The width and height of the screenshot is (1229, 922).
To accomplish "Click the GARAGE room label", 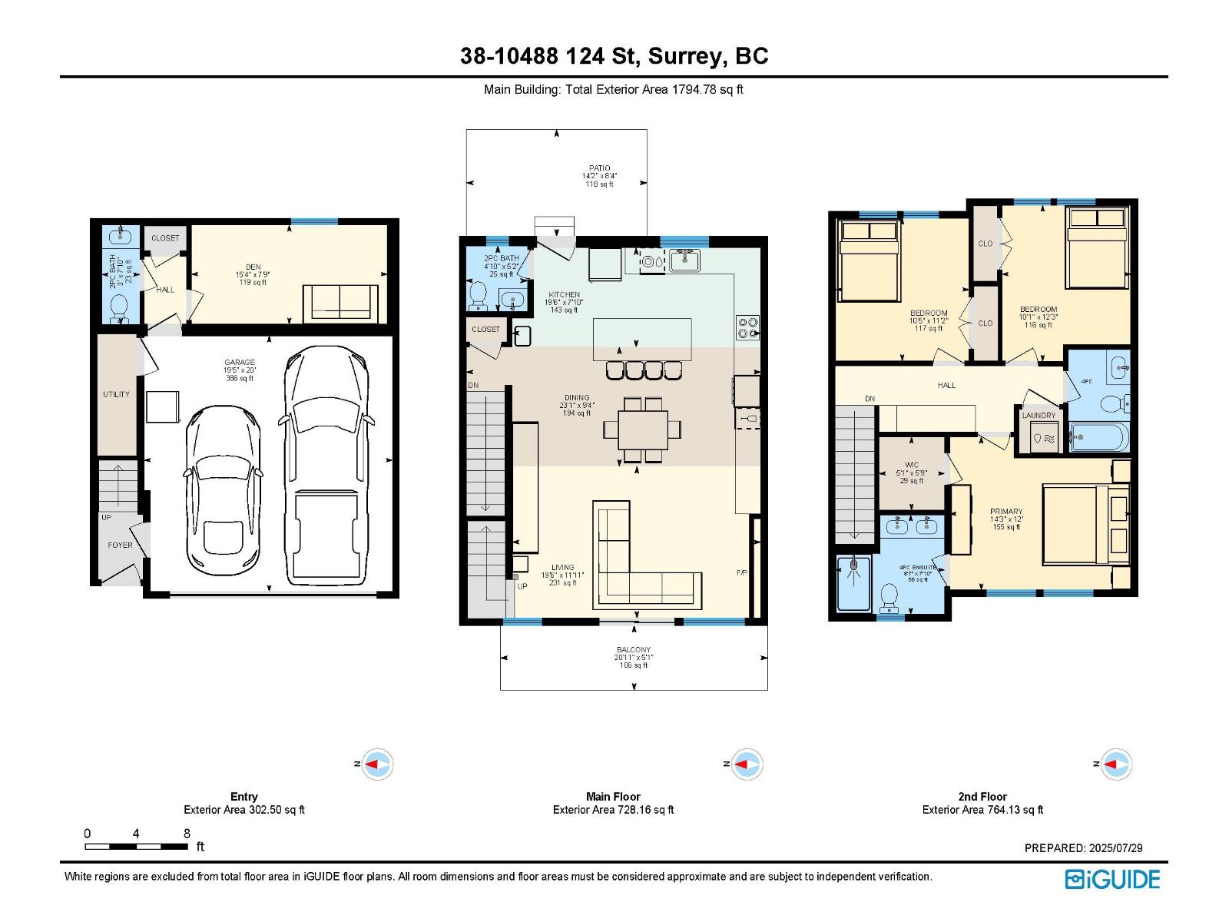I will pos(240,363).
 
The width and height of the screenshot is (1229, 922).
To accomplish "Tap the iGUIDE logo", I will pos(1112,879).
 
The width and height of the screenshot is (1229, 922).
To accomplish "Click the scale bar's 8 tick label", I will pos(187,834).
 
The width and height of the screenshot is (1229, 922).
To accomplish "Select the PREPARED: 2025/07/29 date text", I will pos(1083,848).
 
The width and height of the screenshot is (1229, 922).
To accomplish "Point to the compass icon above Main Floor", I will pos(744,764).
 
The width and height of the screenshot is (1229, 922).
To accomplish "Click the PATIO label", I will pos(600,168).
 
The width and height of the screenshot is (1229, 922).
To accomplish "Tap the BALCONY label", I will pos(633,650).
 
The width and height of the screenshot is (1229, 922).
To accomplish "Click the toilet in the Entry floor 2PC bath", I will pos(120,307).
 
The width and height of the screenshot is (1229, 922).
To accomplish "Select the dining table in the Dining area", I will pos(642,429).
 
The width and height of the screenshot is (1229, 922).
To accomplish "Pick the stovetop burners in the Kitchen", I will pos(747,328).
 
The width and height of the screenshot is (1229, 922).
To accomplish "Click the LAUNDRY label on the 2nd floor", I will pos(1039,416).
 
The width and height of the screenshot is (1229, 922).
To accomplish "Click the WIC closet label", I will pos(912,465).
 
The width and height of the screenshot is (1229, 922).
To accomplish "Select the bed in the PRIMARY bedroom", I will pos(1083,524).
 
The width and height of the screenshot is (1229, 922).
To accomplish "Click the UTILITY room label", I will pos(117,394).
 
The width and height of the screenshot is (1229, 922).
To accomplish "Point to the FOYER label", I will pos(120,546).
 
